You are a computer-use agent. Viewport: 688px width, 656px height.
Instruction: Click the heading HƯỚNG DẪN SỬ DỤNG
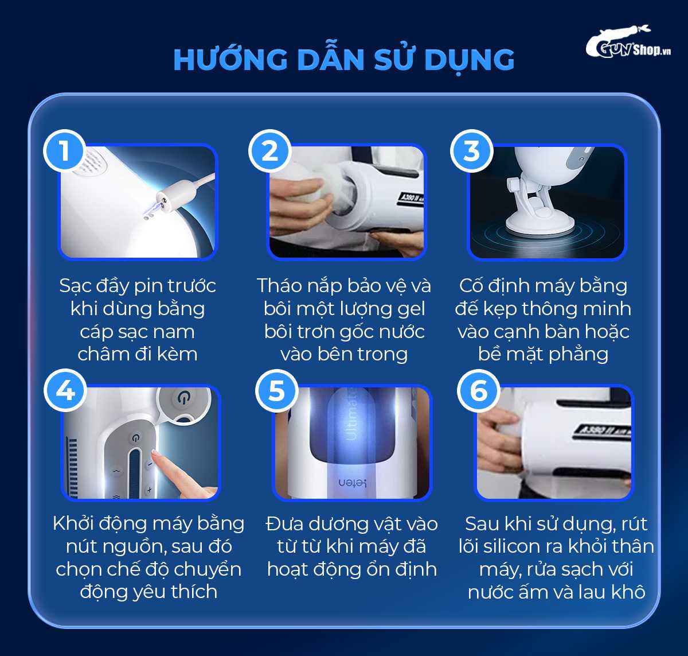343,60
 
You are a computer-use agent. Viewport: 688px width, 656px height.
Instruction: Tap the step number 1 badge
65,151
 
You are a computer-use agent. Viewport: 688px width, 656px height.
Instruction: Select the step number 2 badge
270,151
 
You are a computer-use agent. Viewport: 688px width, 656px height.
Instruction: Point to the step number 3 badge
471,151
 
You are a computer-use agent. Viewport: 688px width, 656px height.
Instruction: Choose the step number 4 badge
65,390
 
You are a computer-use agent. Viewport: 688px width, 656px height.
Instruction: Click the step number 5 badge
277,390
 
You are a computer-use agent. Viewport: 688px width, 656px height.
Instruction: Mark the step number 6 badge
478,391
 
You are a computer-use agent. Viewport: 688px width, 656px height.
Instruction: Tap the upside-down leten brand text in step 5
352,483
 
